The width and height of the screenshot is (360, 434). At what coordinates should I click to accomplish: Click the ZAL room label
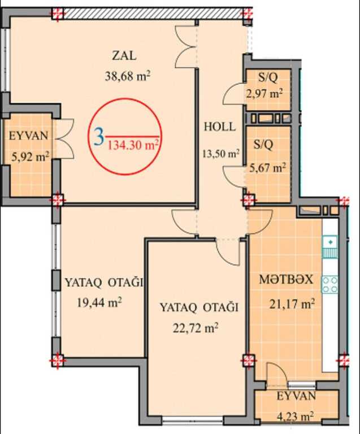124,55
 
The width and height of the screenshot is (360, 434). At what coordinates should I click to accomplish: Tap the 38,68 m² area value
128,76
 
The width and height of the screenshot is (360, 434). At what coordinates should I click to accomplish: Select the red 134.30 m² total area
133,145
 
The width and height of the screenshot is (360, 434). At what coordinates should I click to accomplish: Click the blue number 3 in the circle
99,137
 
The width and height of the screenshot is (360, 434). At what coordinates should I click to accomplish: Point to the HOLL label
220,127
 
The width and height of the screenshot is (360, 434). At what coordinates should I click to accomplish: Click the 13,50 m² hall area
221,153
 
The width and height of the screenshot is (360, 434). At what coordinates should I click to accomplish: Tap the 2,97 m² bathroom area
264,94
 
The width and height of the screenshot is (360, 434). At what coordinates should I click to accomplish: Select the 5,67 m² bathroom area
268,167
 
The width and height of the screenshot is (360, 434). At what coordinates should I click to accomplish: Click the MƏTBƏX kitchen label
286,280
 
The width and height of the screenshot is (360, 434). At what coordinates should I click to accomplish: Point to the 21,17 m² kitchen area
292,304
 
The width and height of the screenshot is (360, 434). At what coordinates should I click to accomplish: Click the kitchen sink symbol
330,246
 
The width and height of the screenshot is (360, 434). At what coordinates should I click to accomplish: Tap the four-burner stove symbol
330,285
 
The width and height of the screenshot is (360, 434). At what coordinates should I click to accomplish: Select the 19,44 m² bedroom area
99,302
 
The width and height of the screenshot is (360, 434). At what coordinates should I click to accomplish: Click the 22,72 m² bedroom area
196,328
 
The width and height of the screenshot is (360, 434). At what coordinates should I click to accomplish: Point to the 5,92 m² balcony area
31,157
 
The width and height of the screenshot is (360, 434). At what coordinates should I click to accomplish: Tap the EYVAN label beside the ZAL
29,136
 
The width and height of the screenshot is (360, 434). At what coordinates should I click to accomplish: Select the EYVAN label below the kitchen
296,396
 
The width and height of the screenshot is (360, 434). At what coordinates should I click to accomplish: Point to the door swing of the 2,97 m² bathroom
234,93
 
